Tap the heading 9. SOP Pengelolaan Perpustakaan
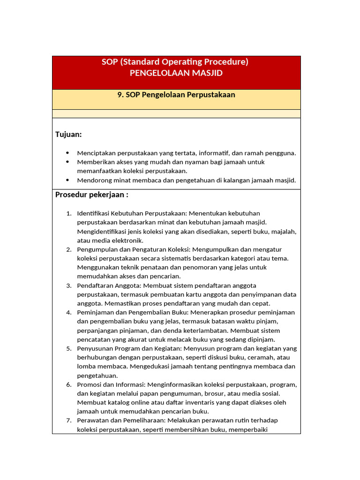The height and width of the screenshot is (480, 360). tap(176, 95)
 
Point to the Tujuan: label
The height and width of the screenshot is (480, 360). tap(68, 135)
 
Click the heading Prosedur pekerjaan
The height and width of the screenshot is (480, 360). tap(92, 195)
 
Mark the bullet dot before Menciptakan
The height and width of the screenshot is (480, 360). tap(67, 153)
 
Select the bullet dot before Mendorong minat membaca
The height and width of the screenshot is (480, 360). tap(67, 180)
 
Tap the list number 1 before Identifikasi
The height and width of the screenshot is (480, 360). tap(68, 214)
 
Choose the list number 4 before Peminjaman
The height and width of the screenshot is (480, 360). tap(68, 312)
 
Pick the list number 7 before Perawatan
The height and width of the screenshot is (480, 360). tap(68, 420)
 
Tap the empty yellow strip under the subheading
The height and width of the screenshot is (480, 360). tap(176, 113)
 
